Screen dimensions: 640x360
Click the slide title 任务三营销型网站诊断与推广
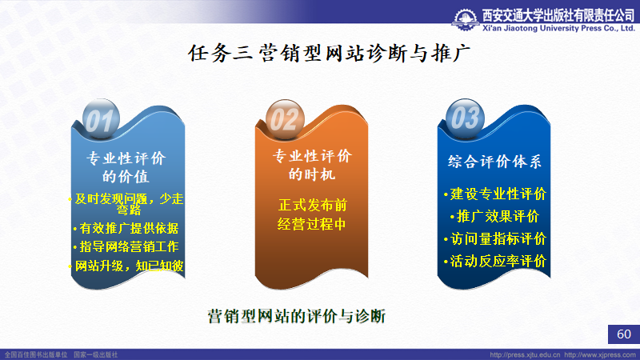[329, 54]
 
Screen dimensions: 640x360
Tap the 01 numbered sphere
[101, 119]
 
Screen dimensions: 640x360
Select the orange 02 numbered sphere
[285, 119]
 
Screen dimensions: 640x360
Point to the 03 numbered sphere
[465, 118]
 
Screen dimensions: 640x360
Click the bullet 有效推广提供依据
[126, 228]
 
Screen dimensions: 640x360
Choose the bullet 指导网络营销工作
[126, 246]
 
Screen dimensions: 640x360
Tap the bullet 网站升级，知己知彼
[126, 266]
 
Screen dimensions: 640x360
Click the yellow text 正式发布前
[312, 205]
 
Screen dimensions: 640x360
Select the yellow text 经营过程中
[311, 224]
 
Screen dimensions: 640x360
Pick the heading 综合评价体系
[494, 162]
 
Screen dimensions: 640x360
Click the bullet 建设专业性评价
[494, 194]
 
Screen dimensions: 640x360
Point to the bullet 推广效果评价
[494, 216]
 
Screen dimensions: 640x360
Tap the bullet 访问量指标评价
[494, 238]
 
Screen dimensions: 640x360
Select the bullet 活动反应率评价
[494, 262]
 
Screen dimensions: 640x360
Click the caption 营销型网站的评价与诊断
[297, 316]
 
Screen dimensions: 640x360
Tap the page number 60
[624, 334]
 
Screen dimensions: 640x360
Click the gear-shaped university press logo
[466, 19]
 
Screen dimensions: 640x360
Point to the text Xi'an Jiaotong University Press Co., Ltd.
[558, 28]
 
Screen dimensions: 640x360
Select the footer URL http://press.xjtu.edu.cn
[525, 354]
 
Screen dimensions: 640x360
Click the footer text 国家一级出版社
[95, 354]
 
